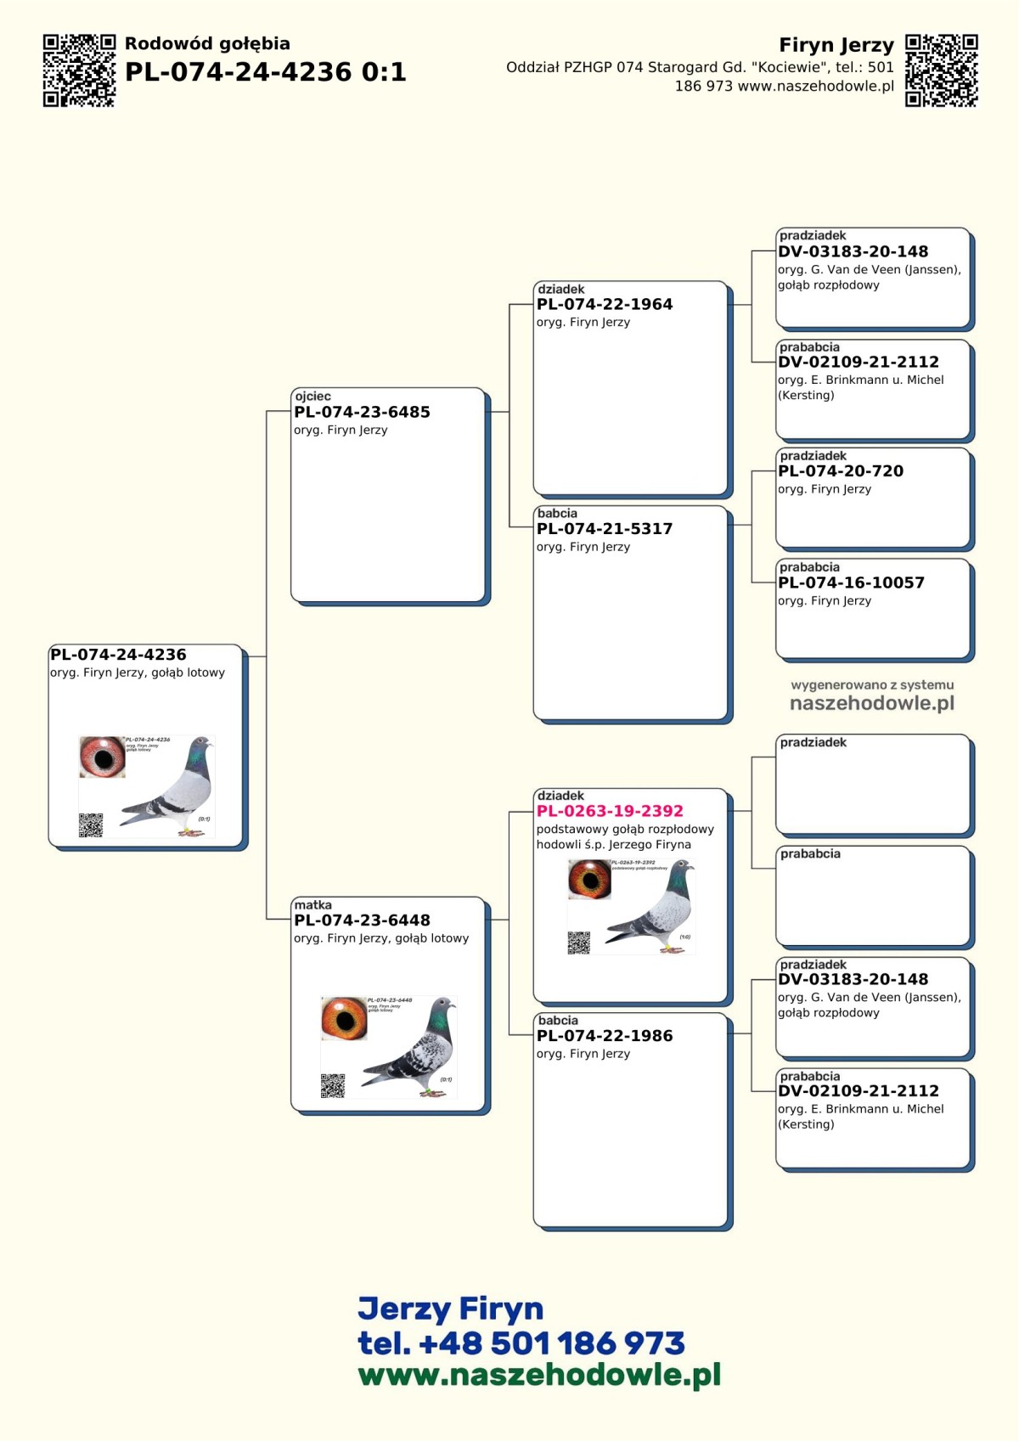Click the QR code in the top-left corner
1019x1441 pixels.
(79, 70)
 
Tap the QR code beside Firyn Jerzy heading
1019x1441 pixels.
(941, 70)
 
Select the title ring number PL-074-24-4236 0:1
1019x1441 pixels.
(265, 72)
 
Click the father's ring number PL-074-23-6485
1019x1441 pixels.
(362, 413)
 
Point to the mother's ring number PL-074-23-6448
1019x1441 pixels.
(362, 920)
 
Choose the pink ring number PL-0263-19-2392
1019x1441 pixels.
(610, 812)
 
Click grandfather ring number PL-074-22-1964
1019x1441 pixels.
(605, 305)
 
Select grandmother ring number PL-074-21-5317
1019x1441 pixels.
(605, 529)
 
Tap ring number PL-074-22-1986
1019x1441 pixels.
(605, 1036)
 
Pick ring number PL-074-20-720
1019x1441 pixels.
(841, 471)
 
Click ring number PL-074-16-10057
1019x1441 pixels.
(851, 583)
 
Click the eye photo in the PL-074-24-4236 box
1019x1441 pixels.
(102, 757)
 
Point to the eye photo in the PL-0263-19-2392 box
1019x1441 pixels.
(589, 880)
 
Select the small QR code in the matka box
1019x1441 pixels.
(333, 1085)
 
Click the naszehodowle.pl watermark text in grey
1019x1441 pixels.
(872, 704)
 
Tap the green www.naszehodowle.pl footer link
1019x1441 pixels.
(539, 1376)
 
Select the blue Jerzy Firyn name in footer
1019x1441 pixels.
(450, 1309)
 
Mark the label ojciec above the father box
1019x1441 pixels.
(312, 397)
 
